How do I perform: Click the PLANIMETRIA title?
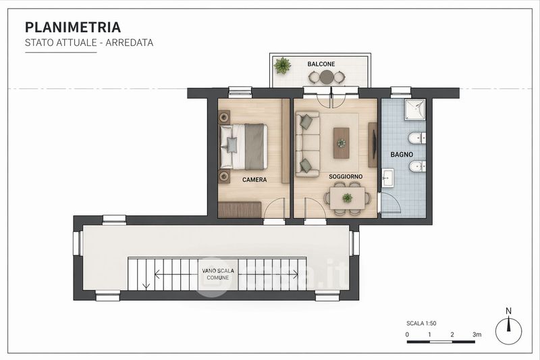(x=73, y=27)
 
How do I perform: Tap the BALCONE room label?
(x=321, y=64)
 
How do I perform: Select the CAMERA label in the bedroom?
(x=254, y=180)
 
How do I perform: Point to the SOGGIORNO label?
(x=346, y=176)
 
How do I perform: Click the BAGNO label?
(x=402, y=155)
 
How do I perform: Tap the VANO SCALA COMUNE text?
(x=218, y=274)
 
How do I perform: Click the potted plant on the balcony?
(x=282, y=66)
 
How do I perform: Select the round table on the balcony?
(x=327, y=77)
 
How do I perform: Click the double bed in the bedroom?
(x=244, y=147)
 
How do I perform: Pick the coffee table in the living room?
(x=342, y=143)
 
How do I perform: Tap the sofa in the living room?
(x=308, y=144)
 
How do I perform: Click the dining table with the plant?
(x=347, y=198)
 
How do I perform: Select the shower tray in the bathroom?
(x=414, y=110)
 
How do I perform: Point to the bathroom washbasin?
(x=388, y=178)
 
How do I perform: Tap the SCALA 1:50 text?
(x=421, y=323)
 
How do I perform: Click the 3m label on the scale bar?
(x=477, y=334)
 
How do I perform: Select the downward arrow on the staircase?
(x=146, y=274)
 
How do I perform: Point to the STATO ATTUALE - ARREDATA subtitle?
(x=89, y=43)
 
